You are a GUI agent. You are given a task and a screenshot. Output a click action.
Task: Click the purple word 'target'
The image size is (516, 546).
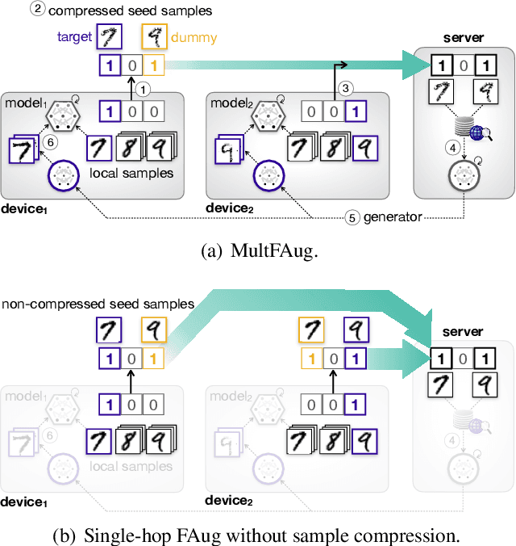74,37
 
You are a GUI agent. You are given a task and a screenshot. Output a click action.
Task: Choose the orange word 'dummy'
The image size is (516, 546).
194,37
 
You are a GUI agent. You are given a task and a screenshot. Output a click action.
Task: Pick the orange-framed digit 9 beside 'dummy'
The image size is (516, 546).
155,37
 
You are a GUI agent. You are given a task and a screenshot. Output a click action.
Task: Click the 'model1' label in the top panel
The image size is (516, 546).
27,104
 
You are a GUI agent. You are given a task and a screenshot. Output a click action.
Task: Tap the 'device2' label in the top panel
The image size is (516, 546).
233,209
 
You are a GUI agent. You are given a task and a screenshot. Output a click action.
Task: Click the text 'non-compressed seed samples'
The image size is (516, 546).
98,304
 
